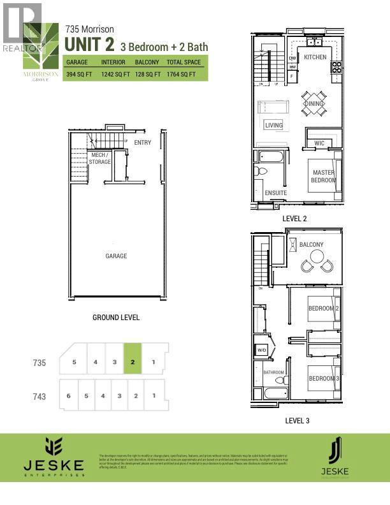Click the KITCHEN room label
tap(315, 57)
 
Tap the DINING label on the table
tap(314, 104)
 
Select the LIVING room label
tap(273, 126)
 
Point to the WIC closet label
tap(319, 143)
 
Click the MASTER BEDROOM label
tap(323, 176)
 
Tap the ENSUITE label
tap(275, 193)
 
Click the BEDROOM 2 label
tap(322, 309)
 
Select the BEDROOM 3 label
tap(322, 378)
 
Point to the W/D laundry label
tap(262, 349)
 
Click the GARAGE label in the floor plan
tap(116, 256)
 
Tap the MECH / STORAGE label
tap(101, 158)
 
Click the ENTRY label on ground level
tap(143, 143)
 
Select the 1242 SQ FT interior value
tap(115, 75)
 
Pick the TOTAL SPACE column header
tap(184, 62)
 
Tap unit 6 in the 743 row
tap(68, 396)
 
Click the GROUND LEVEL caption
tap(116, 318)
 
